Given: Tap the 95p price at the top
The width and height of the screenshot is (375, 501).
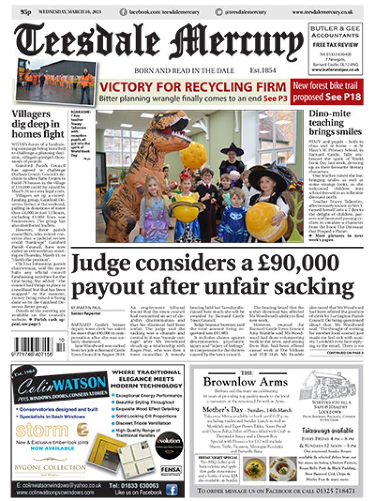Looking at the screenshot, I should pyautogui.click(x=26, y=11).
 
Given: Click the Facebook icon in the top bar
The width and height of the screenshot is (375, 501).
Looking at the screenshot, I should pyautogui.click(x=123, y=12).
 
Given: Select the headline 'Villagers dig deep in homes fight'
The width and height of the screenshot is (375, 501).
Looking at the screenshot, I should pyautogui.click(x=39, y=124).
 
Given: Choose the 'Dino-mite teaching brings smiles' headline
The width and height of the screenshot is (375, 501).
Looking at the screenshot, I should pyautogui.click(x=334, y=123).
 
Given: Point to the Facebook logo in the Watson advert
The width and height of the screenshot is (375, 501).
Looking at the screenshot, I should pyautogui.click(x=171, y=490).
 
